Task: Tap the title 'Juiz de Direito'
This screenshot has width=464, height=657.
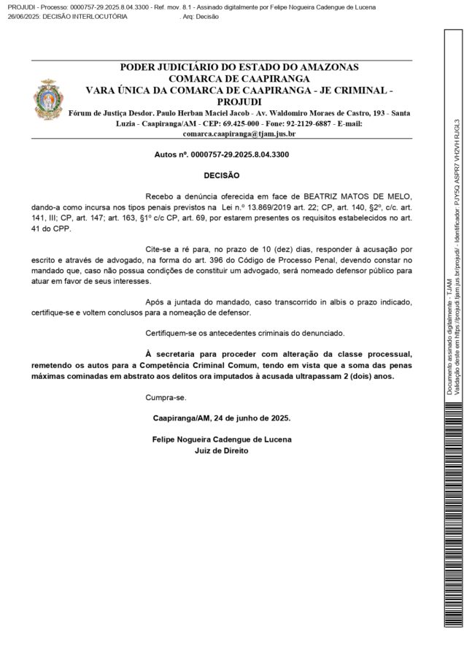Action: (222, 450)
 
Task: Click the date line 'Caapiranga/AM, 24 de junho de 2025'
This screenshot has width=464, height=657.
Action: (223, 419)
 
